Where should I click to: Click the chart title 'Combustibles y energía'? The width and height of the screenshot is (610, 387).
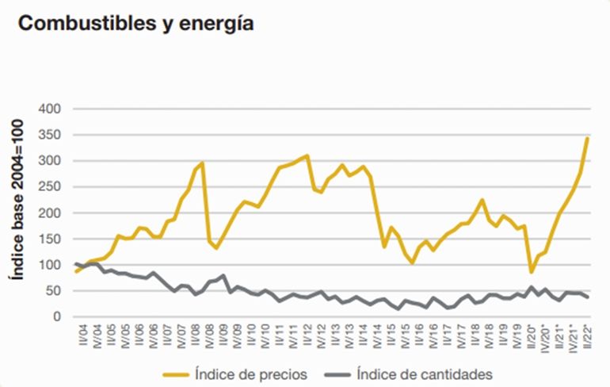coord(135,24)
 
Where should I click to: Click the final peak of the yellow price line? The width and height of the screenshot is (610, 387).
coord(587,138)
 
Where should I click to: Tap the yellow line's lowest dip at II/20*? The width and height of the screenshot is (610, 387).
coord(531,272)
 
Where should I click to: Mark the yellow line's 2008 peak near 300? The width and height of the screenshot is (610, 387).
coord(203,163)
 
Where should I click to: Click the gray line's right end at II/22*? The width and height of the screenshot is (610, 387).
coord(587,297)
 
